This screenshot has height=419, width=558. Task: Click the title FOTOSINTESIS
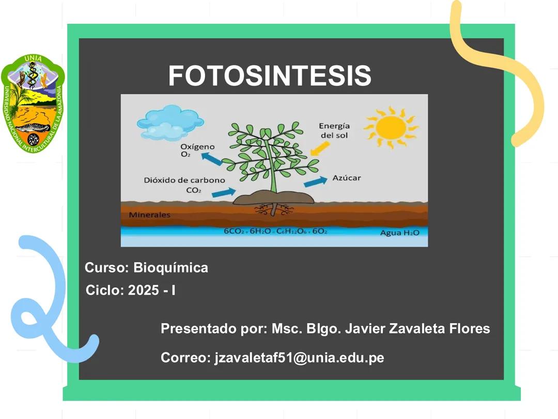tap(269, 76)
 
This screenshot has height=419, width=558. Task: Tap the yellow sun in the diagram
tap(390, 127)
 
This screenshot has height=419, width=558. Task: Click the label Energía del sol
tap(334, 130)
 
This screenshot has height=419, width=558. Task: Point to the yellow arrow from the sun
tap(320, 148)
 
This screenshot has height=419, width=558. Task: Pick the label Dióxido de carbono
tap(184, 181)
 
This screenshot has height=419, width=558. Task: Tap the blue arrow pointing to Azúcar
tap(315, 182)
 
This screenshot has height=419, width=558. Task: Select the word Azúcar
tap(346, 178)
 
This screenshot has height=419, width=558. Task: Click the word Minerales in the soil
tap(149, 215)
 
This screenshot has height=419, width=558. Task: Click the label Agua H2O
tap(399, 233)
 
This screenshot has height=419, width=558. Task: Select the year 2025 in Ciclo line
tap(144, 290)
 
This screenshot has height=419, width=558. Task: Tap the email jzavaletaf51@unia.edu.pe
tap(299, 357)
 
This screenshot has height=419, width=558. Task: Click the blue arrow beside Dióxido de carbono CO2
tap(223, 192)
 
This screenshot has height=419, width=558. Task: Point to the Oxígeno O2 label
tap(197, 150)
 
